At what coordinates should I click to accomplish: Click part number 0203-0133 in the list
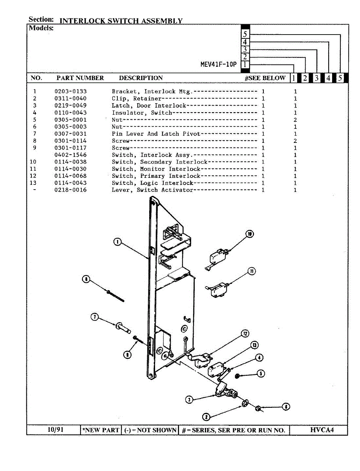click(70, 91)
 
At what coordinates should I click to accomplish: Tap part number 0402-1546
click(70, 155)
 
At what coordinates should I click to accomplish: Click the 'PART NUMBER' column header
click(80, 78)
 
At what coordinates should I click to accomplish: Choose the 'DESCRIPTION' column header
click(141, 78)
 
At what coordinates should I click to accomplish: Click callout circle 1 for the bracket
click(117, 242)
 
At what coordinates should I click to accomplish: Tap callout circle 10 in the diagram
click(249, 234)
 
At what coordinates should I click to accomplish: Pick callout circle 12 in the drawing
click(245, 334)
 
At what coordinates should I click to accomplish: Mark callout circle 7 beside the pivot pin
click(95, 317)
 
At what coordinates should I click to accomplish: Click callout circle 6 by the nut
click(286, 407)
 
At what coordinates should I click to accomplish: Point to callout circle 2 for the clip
click(206, 417)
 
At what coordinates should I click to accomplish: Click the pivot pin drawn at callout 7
click(123, 327)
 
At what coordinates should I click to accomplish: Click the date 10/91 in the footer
click(55, 429)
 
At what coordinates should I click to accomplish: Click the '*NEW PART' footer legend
click(101, 430)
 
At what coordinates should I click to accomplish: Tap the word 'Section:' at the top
click(41, 19)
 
